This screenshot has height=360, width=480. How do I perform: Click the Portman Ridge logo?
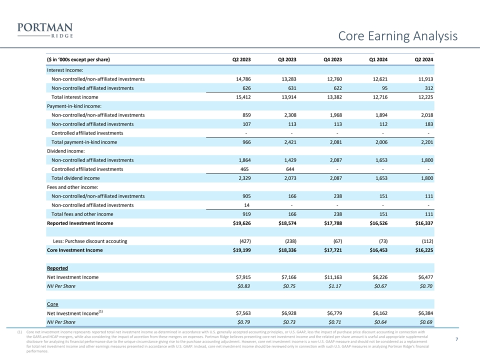44,29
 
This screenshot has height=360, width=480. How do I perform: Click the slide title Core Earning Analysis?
397,36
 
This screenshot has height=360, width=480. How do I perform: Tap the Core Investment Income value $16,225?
421,250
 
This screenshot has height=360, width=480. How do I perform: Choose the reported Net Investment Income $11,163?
330,277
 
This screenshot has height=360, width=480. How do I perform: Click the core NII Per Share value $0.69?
424,322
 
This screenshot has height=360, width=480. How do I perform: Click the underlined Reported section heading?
57,268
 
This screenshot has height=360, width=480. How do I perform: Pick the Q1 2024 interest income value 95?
383,88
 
